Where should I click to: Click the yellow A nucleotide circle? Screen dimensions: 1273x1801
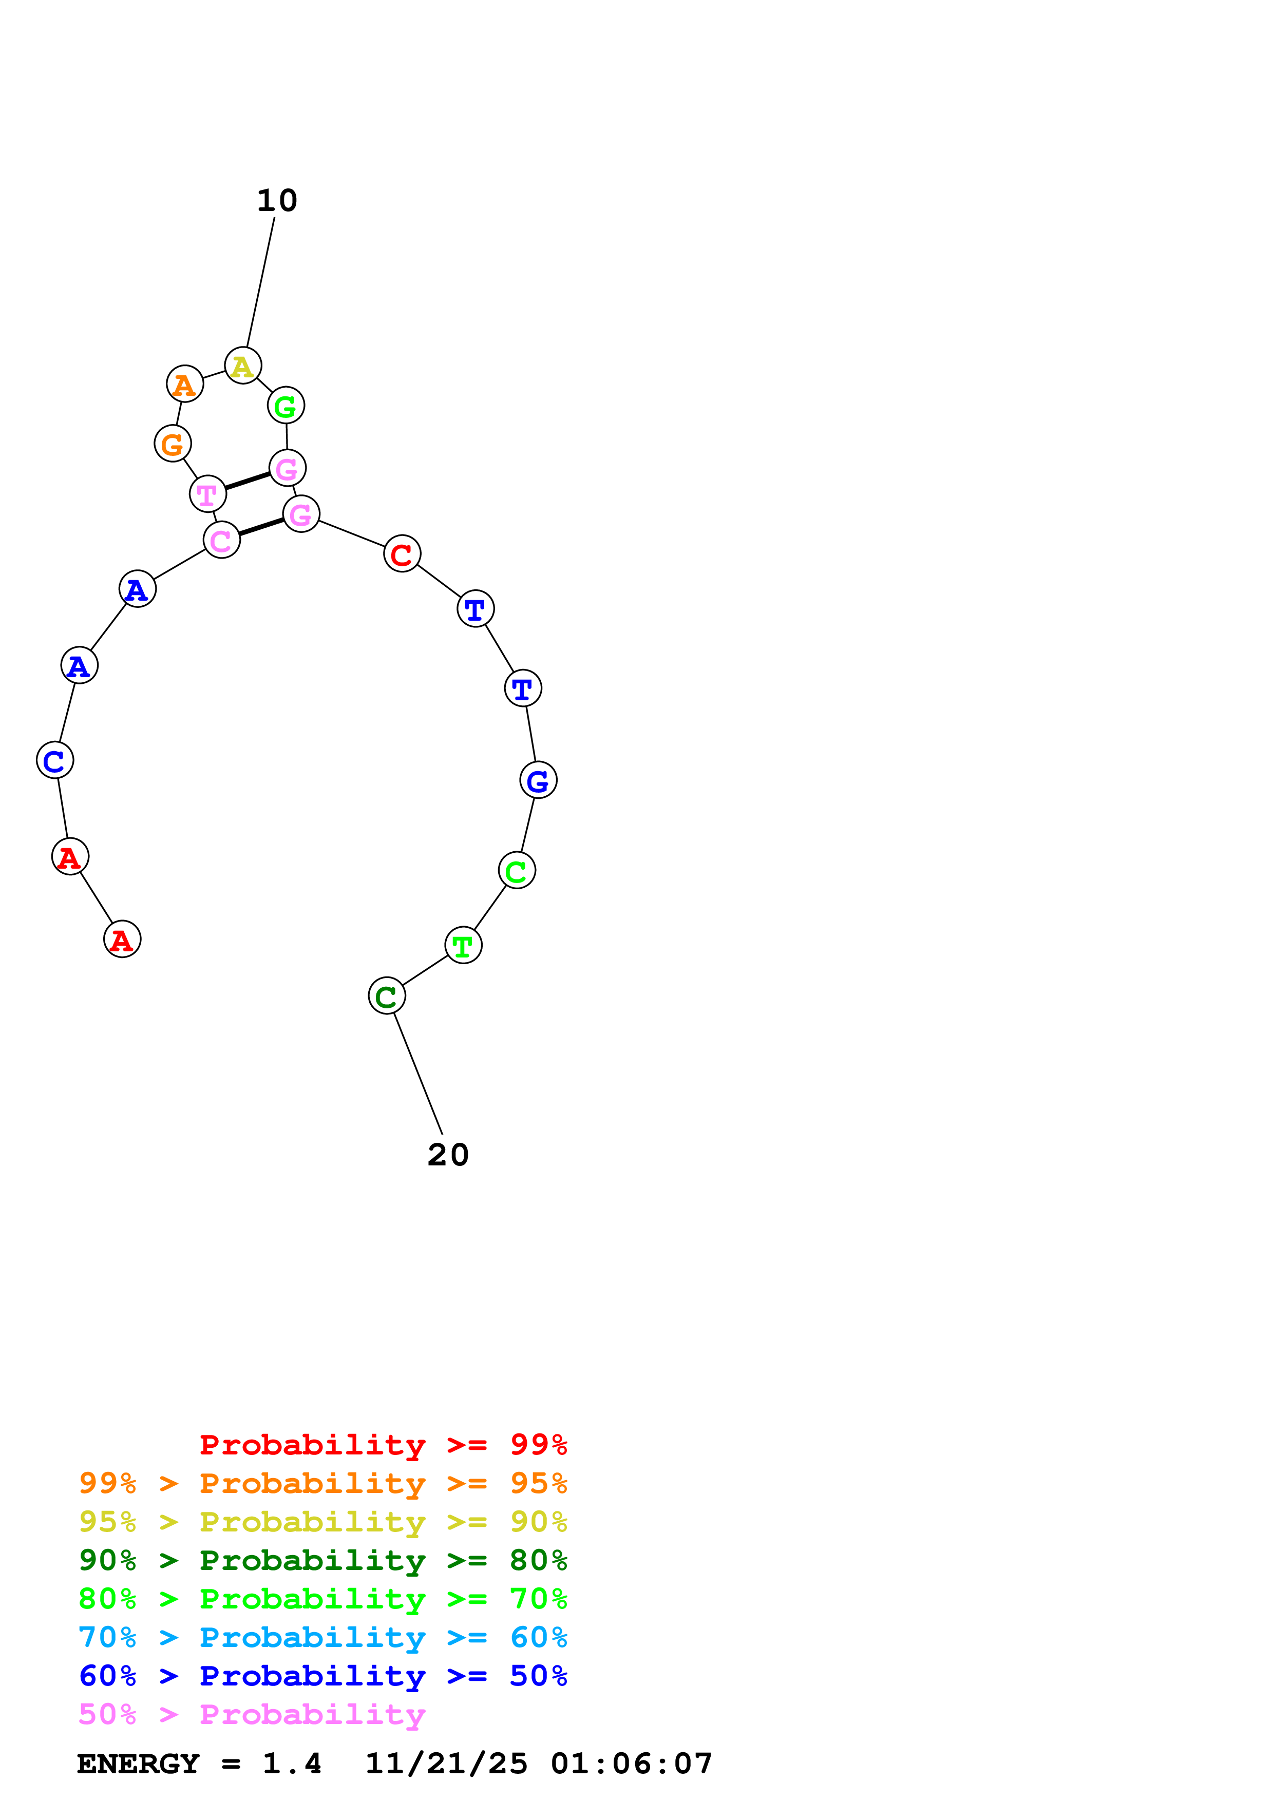click(242, 366)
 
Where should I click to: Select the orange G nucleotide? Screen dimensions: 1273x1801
click(173, 444)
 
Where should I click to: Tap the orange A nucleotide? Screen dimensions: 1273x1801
click(184, 385)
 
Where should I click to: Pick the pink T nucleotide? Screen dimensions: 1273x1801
click(207, 494)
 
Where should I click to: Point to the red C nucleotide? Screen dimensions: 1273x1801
click(402, 554)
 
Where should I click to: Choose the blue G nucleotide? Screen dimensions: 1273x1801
click(538, 780)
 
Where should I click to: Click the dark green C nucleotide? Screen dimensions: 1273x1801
click(387, 996)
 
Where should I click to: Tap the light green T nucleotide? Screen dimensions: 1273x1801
click(463, 946)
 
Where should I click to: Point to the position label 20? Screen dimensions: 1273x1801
click(448, 1156)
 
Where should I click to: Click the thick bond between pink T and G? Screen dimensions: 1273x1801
click(247, 481)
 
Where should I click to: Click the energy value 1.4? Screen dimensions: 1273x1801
click(292, 1764)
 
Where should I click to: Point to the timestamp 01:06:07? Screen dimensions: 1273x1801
click(632, 1764)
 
